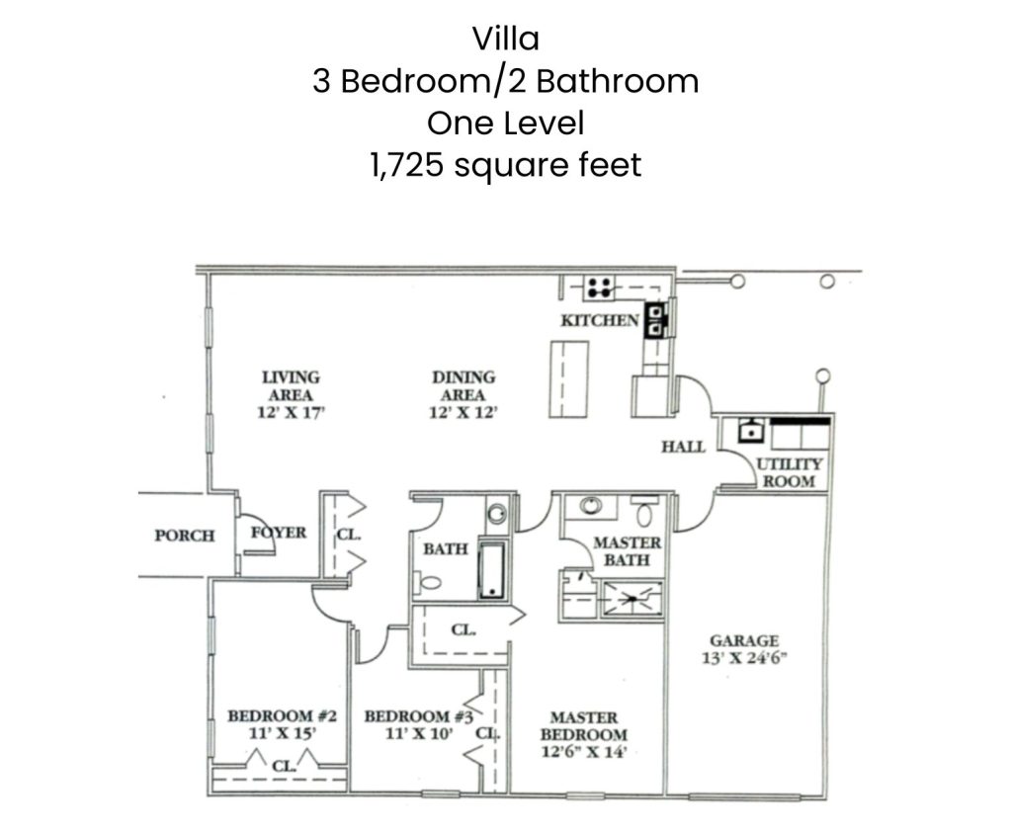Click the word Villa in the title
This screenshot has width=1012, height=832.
[x=505, y=39]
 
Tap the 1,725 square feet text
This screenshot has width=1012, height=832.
[x=505, y=165]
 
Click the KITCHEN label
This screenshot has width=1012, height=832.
[x=600, y=320]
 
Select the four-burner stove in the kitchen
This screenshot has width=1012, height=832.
[x=600, y=288]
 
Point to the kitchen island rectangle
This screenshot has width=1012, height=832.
[x=568, y=379]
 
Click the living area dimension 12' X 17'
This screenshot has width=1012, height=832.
[x=291, y=412]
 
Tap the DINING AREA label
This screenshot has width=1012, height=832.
[x=464, y=386]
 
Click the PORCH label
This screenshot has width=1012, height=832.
[x=185, y=536]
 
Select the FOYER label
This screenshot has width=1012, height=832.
[x=279, y=533]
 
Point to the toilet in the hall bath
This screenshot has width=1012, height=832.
[x=428, y=583]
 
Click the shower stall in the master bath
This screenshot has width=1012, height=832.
[x=632, y=600]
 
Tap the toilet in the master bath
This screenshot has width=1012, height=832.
[x=644, y=511]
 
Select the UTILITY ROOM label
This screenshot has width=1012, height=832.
[x=789, y=472]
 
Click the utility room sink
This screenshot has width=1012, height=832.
[x=750, y=430]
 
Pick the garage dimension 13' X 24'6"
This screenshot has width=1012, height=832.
[x=744, y=658]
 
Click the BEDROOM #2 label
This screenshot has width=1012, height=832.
[x=282, y=715]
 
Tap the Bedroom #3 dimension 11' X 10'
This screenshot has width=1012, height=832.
[x=419, y=734]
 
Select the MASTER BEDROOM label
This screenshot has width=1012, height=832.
[x=583, y=726]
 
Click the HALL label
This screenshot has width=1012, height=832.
[x=684, y=447]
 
